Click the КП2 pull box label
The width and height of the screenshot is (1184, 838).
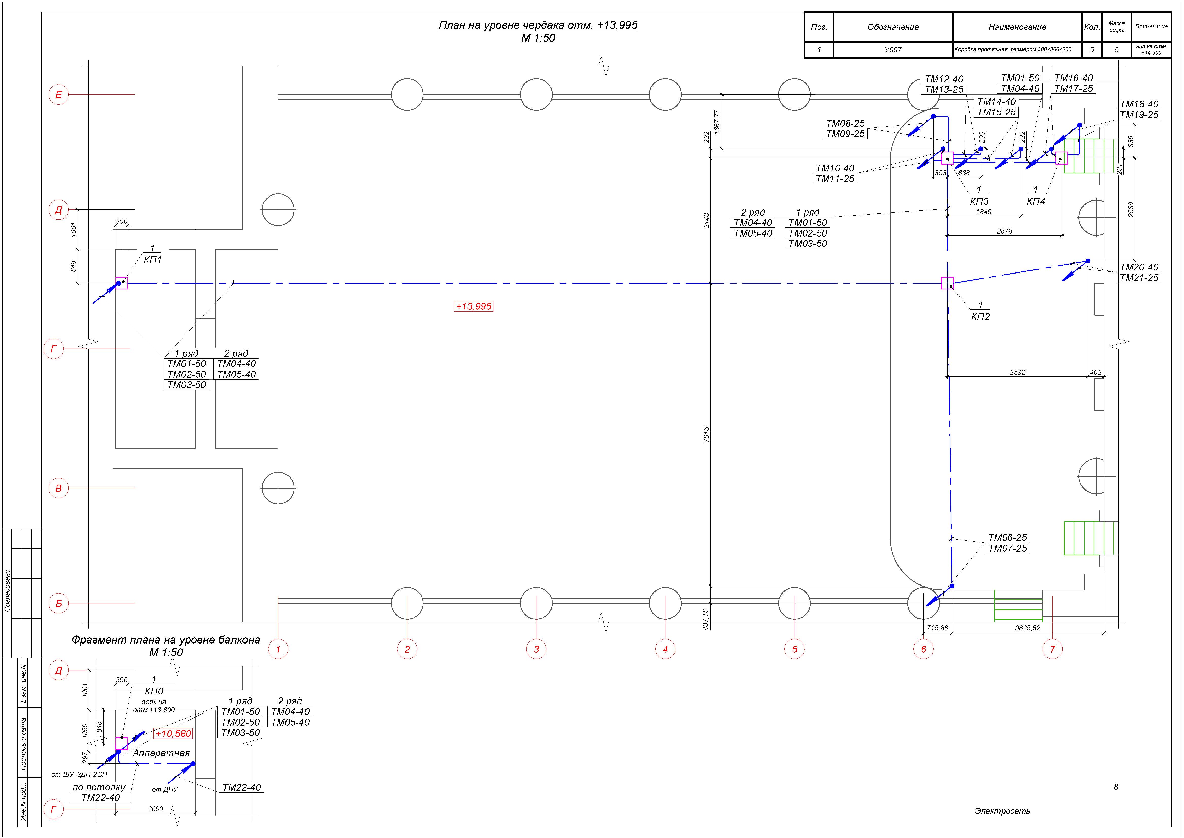[980, 316]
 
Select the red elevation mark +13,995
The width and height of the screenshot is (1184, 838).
[473, 306]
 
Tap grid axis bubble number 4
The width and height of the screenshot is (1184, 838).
[665, 649]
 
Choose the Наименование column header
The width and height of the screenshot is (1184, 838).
[1017, 27]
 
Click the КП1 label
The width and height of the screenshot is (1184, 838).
[153, 260]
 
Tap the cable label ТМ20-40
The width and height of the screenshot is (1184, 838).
[1139, 267]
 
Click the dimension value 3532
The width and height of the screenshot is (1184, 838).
[1017, 372]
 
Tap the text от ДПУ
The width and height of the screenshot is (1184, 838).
[165, 789]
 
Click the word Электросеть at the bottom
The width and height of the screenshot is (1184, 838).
[1002, 811]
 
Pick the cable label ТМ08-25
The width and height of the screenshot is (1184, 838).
[845, 123]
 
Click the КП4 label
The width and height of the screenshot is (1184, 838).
[1035, 201]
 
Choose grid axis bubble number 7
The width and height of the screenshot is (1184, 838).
[1052, 649]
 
